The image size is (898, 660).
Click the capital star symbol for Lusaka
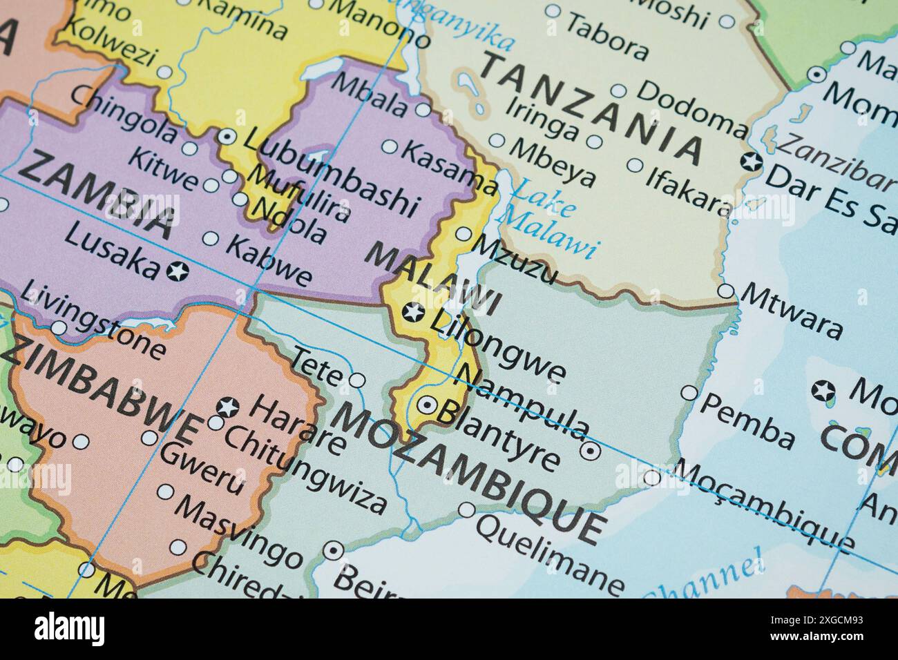(x=178, y=271)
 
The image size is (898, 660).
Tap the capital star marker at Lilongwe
(x=413, y=313)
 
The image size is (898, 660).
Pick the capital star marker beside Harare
(x=227, y=407)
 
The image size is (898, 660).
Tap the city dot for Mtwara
(x=725, y=291)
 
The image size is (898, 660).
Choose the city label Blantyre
(x=497, y=435)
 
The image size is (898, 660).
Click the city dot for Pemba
(x=689, y=393)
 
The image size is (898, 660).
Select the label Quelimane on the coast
(x=550, y=556)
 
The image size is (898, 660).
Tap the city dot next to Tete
(x=358, y=380)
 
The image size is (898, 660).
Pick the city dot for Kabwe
(x=211, y=240)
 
